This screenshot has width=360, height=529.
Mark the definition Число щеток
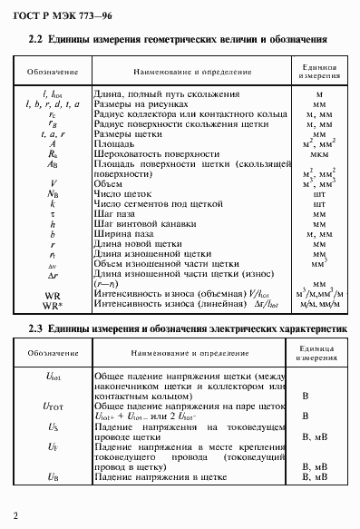[x=121, y=191]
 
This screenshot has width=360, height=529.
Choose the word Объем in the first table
[x=110, y=182]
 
